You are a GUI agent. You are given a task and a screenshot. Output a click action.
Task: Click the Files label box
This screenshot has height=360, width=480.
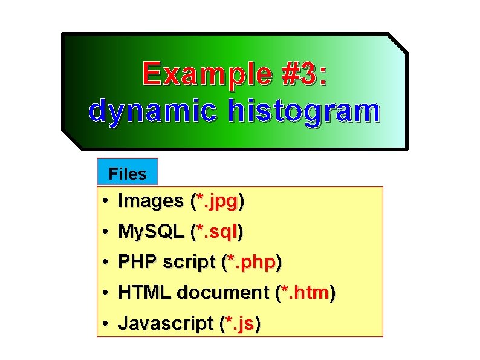pos(128,174)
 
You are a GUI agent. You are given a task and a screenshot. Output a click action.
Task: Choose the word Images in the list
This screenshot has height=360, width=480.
pos(151,200)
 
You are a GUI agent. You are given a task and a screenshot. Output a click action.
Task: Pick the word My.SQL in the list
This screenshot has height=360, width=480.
pos(151,231)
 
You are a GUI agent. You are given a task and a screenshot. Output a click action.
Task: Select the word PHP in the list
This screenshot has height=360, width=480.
pos(138,262)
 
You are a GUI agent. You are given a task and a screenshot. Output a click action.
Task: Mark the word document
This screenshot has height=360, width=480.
pos(223,293)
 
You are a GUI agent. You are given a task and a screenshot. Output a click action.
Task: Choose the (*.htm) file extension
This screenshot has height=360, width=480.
pos(305,293)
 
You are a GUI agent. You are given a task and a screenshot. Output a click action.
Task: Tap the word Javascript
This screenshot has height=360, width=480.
pos(166,324)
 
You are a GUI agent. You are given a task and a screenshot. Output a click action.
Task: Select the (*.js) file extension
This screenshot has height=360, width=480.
pos(240,324)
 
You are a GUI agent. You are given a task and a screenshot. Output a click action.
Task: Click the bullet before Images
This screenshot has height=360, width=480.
pos(105,201)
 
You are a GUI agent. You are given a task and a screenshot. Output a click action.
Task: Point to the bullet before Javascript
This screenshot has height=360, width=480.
pos(105,324)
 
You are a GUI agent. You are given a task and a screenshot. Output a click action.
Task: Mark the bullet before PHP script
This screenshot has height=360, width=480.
pos(105,263)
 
